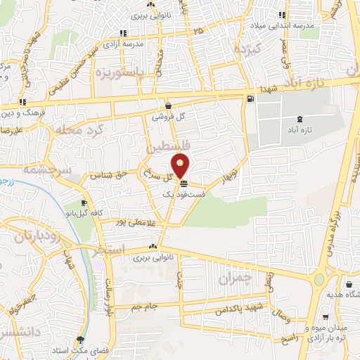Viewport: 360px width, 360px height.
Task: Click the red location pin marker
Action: [181, 167]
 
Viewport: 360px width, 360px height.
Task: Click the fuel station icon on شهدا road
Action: [251, 99]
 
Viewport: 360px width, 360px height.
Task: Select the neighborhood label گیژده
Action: [250, 50]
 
